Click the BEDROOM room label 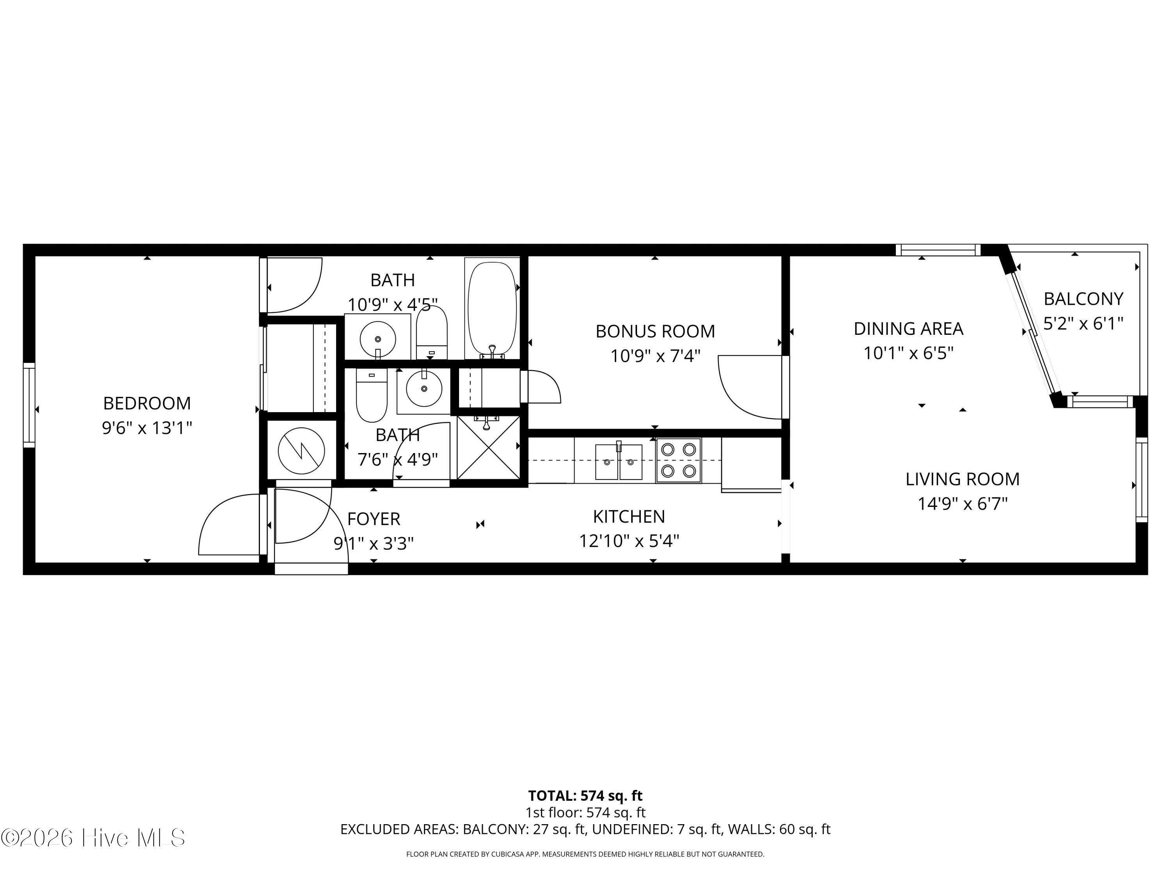click(x=147, y=403)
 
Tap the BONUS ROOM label click(x=655, y=331)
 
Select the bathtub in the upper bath click(x=492, y=308)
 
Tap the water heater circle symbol click(x=301, y=451)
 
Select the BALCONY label click(x=1083, y=299)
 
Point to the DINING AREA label click(x=908, y=329)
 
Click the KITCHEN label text click(x=629, y=517)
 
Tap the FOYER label click(x=374, y=519)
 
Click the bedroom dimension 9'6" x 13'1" click(x=147, y=428)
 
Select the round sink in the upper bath click(x=377, y=339)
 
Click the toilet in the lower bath click(x=372, y=395)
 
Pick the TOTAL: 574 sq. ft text click(x=585, y=795)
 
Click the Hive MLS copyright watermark click(x=93, y=838)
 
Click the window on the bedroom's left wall click(x=29, y=405)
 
